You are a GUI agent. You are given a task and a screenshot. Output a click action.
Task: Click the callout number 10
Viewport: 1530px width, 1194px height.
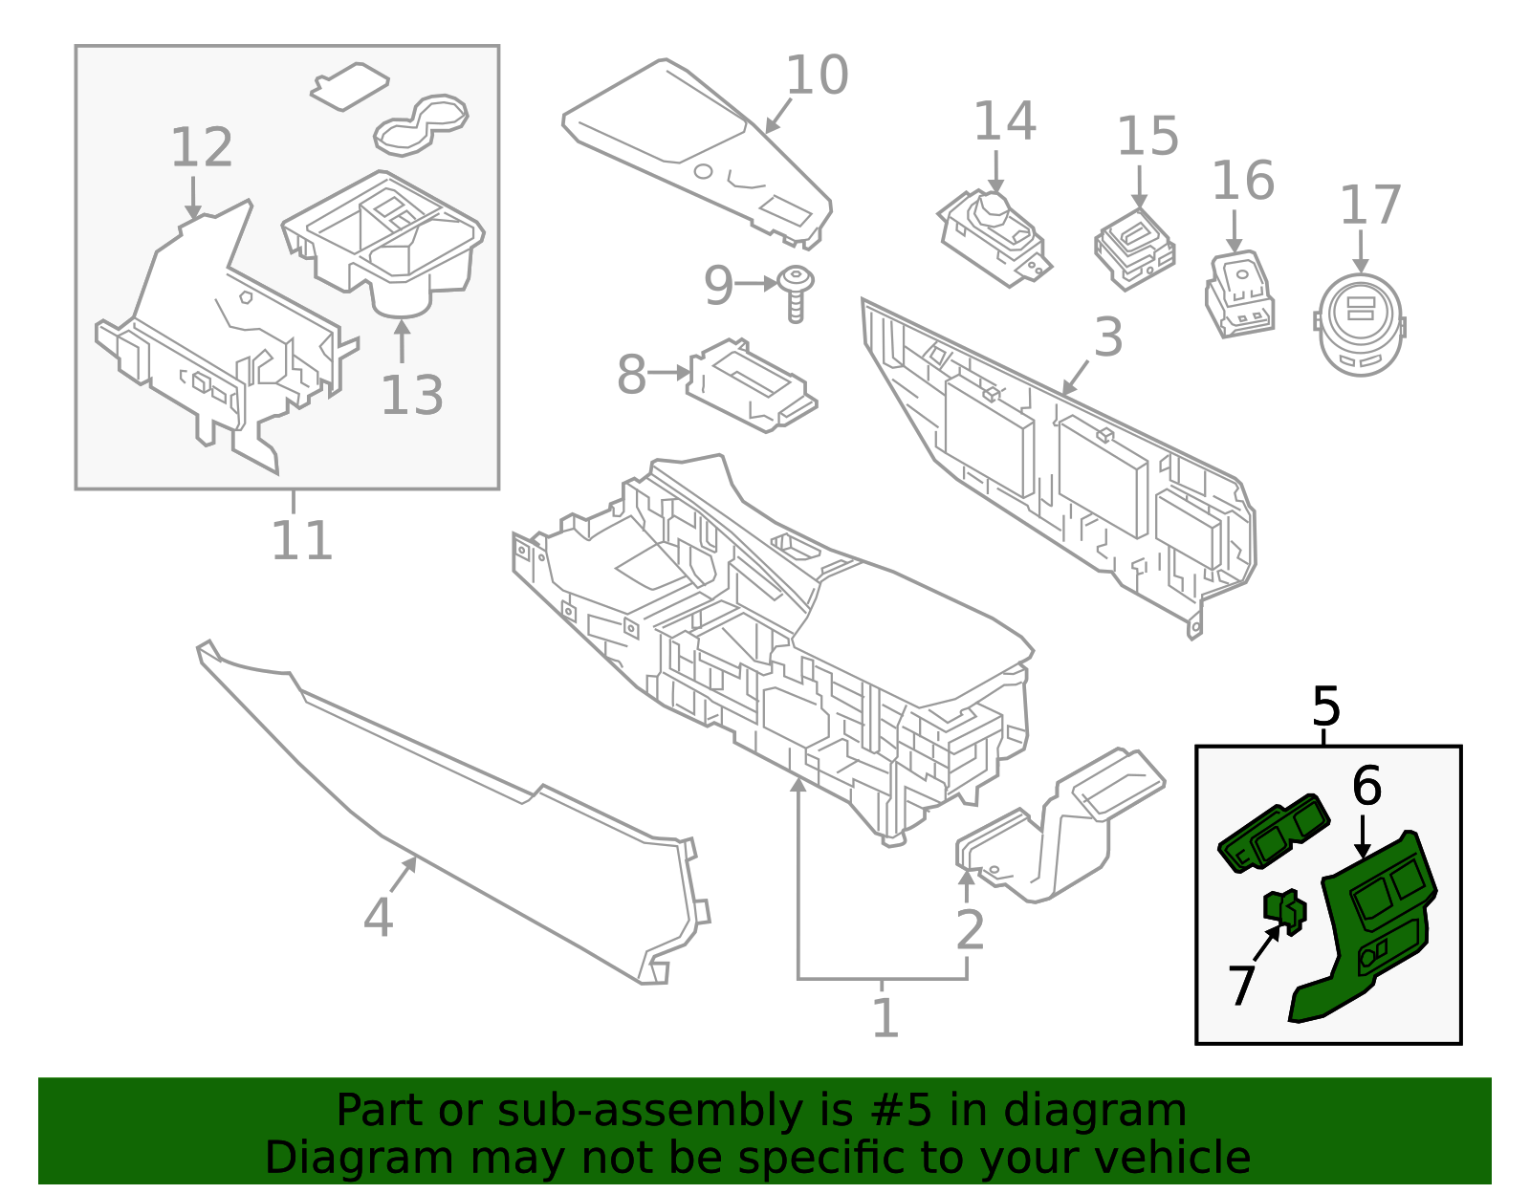pos(817,76)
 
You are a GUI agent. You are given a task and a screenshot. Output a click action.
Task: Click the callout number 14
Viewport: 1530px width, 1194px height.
pos(1004,122)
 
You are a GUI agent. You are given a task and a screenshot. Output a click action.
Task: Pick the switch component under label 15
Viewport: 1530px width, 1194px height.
pos(1135,248)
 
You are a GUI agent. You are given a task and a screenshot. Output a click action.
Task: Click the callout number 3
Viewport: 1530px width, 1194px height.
pos(1107,337)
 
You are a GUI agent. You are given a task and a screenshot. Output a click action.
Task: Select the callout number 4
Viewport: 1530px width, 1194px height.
pos(378,918)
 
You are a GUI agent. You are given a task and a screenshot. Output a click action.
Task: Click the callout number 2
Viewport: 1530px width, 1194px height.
pos(970,930)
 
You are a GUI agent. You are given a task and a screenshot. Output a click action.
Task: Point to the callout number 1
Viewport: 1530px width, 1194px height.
pos(885,1018)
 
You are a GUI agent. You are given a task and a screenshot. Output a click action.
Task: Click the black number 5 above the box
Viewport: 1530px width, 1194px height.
pos(1325,707)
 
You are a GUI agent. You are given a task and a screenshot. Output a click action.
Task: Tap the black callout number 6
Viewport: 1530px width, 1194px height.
pos(1366,786)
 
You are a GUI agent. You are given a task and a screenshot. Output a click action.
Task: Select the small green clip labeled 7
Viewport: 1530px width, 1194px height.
pos(1285,910)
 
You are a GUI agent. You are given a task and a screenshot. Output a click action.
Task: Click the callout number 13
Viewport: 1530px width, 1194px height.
pos(411,396)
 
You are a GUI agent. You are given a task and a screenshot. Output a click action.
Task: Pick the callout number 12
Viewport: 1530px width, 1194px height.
pos(202,148)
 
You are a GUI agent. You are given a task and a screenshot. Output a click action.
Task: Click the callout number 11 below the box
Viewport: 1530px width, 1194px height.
pos(301,541)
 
